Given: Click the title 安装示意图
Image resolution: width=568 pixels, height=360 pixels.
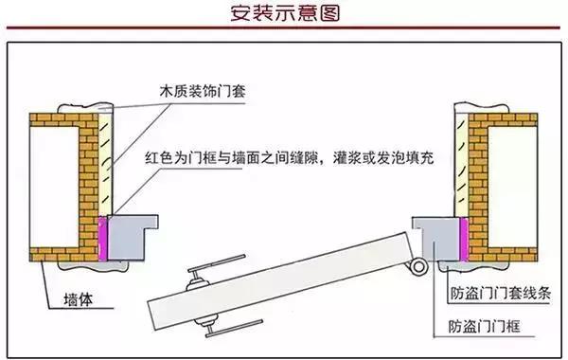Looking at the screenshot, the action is click(285, 13).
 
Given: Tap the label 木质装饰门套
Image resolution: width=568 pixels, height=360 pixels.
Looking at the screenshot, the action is click(203, 91).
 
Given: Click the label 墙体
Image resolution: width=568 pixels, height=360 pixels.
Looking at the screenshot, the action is click(78, 299).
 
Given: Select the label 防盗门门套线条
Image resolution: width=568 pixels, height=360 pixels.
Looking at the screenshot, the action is click(501, 293).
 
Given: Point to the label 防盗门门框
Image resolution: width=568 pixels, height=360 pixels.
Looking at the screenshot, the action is click(485, 326).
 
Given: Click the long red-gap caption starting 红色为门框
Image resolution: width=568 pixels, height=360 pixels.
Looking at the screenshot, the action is click(289, 157).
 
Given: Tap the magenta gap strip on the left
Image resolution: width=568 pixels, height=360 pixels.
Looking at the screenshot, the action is click(103, 238).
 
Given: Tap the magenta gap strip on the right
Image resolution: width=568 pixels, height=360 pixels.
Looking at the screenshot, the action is click(464, 240).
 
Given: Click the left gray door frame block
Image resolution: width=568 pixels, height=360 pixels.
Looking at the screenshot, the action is click(127, 238).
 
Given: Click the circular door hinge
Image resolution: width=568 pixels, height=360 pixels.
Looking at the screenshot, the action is click(418, 266).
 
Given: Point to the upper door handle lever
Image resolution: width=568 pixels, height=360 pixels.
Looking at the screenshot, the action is click(216, 262).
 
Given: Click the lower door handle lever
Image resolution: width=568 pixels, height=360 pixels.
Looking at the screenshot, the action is click(234, 328).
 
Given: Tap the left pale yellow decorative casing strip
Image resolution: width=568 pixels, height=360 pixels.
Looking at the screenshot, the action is click(105, 164).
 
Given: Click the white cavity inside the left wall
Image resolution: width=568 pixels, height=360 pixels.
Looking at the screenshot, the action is click(54, 188).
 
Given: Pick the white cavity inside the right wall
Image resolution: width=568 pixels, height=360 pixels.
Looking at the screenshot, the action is click(512, 188).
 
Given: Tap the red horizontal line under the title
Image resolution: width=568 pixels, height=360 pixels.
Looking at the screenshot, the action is click(284, 27).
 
